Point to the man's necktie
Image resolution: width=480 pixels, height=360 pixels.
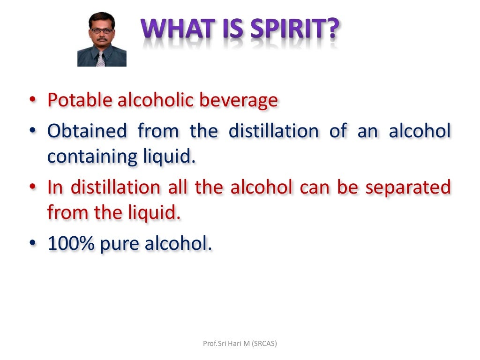click(x=100, y=59)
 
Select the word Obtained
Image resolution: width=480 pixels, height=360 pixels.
click(x=87, y=130)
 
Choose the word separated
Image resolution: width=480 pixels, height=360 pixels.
click(x=408, y=187)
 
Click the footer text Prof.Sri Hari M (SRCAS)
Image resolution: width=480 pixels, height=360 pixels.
click(x=240, y=344)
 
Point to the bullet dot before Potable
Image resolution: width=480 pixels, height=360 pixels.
click(x=31, y=101)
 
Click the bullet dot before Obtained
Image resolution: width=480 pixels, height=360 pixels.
click(x=31, y=131)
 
